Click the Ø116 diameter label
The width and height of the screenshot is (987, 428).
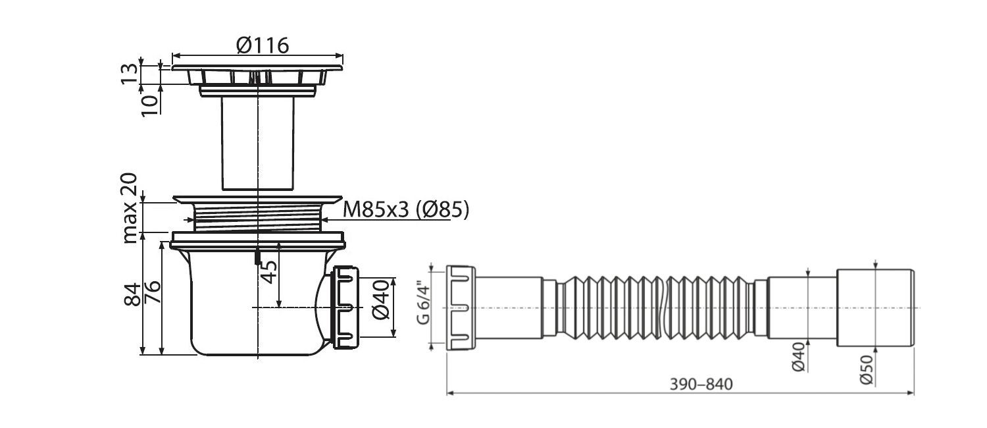coord(263,45)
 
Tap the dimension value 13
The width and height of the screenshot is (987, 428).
coord(130,74)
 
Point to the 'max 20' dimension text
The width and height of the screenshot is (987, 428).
coord(130,208)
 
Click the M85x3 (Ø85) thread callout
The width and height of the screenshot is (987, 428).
coord(406,209)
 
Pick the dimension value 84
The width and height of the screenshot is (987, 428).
coord(132,294)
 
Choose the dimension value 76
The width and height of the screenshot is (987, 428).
coord(153,291)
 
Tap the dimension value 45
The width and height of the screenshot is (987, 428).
coord(268,271)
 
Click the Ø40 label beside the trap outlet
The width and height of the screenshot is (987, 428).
coord(381,300)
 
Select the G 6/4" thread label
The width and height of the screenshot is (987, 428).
coord(423,305)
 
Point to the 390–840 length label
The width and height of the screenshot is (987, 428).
coord(701,385)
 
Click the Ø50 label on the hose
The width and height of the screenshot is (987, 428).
coord(867,369)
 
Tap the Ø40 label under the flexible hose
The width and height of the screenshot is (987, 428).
coord(798,357)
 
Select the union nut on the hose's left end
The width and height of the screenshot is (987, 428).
coord(461,308)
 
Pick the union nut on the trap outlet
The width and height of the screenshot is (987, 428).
coord(345,308)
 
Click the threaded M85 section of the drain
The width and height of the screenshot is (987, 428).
coord(257,217)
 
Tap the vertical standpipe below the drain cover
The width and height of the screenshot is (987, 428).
coord(258,144)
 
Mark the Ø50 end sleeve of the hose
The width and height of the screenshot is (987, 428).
coord(875,308)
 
